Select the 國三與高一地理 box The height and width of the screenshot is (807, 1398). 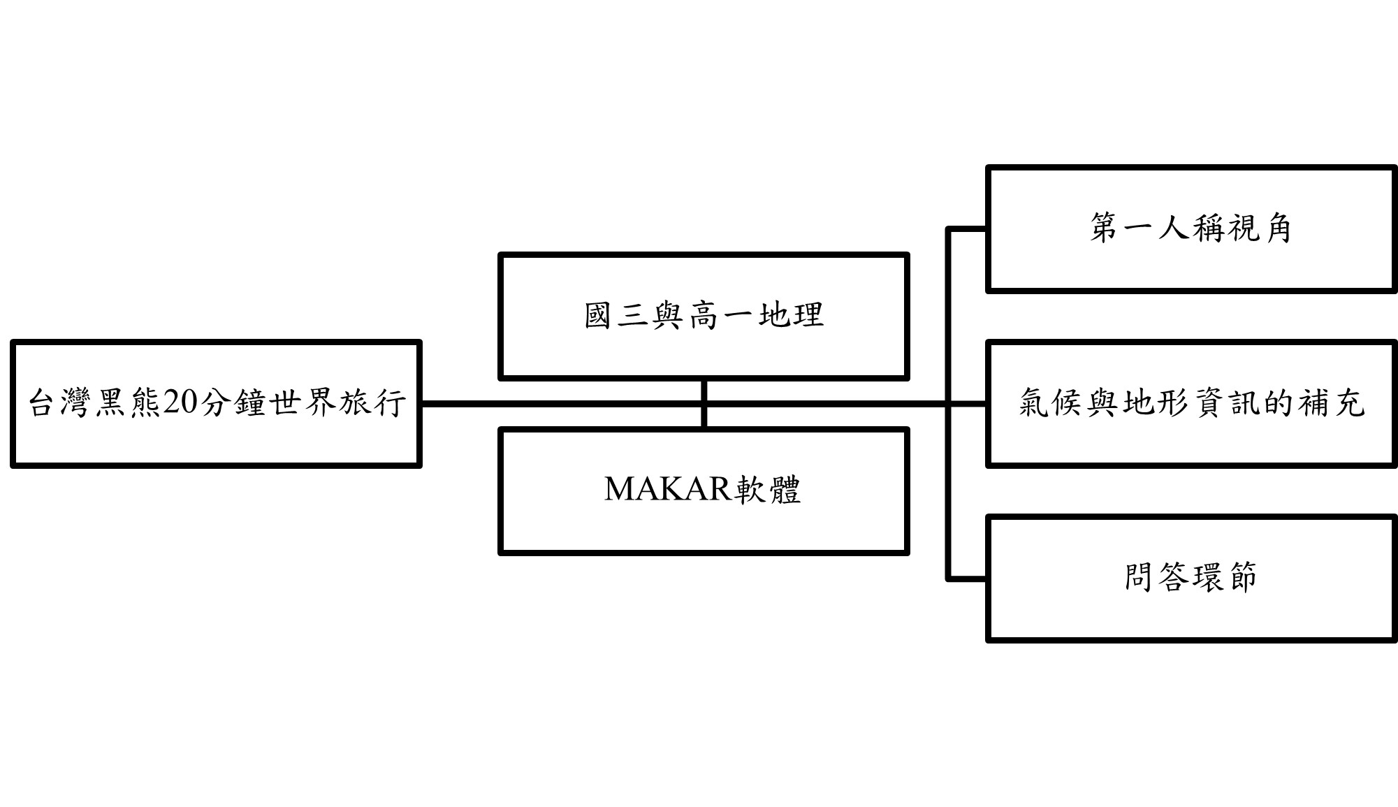704,349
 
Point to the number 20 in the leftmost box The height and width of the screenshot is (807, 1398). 180,403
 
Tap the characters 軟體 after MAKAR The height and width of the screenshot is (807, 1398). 766,489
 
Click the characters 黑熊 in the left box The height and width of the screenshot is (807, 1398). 127,403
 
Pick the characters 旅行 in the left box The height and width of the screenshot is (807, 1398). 372,403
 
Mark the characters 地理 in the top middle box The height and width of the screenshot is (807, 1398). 791,315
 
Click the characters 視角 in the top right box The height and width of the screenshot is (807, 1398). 1259,228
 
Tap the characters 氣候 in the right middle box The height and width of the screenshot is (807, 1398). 1051,403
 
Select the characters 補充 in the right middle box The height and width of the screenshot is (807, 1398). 1331,403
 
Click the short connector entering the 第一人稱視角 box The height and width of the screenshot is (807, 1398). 967,228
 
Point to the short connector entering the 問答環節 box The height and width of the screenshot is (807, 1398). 967,579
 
